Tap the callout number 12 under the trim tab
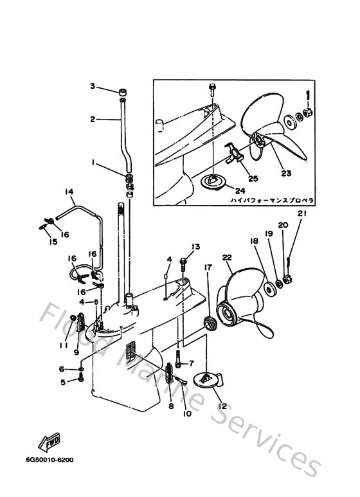(222, 406)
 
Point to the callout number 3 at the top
(92, 86)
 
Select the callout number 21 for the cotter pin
(302, 213)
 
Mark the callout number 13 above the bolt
(196, 247)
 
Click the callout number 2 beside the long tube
(92, 120)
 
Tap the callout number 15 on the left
(53, 242)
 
